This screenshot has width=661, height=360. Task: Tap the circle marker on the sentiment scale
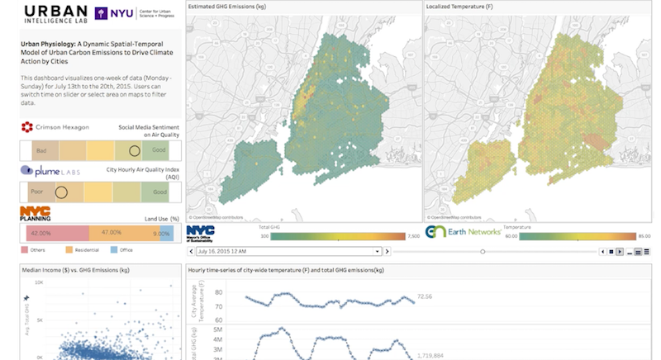tap(134, 150)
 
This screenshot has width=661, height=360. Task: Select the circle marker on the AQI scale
tap(60, 192)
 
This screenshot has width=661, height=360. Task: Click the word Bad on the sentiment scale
tap(40, 151)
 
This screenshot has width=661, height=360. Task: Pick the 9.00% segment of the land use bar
tap(166, 233)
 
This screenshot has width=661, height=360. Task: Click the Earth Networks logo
tap(463, 232)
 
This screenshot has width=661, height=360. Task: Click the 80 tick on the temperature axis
tap(219, 291)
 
